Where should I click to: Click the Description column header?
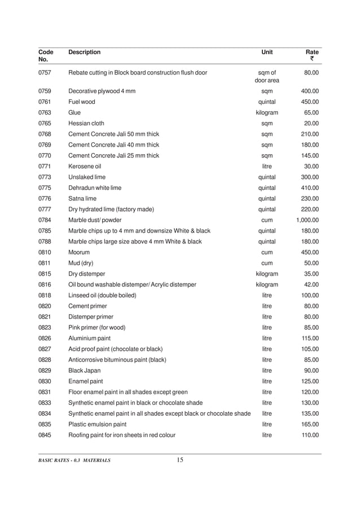point(84,53)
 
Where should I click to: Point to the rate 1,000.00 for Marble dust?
point(308,220)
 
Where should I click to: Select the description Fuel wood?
point(82,102)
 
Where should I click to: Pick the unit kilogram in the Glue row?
point(267,112)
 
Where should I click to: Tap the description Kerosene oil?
point(85,167)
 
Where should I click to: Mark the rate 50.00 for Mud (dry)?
point(311,263)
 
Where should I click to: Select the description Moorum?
point(79,252)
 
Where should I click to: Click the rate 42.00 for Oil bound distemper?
point(311,284)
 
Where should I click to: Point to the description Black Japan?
point(84,370)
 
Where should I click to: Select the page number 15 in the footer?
point(180,460)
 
